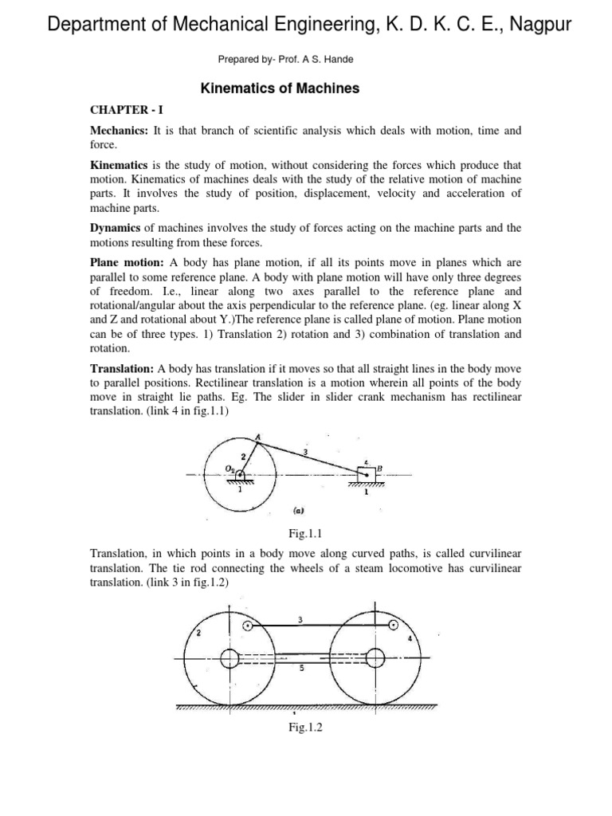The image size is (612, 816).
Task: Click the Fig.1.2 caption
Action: point(306,727)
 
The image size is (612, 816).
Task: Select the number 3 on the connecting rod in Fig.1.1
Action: point(305,452)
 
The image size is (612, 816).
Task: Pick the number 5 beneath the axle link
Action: point(301,670)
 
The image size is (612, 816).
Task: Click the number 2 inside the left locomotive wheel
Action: point(198,632)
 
